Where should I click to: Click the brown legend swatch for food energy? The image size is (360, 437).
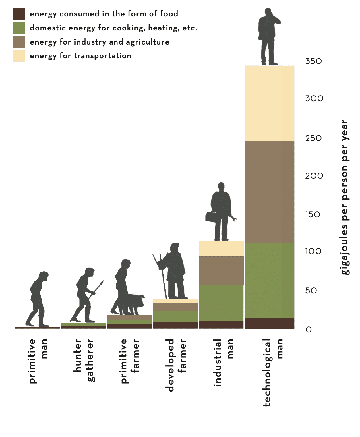click(19, 14)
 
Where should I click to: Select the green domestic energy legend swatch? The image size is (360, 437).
click(19, 28)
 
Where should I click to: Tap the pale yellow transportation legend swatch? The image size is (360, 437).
click(19, 56)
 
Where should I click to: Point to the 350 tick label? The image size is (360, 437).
click(313, 61)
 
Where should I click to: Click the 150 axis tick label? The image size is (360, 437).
click(313, 214)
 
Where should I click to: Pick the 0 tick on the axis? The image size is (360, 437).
click(309, 330)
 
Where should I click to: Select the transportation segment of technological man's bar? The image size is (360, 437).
click(269, 103)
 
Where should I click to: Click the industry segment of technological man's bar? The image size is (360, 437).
click(269, 192)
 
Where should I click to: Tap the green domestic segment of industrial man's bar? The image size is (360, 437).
click(221, 303)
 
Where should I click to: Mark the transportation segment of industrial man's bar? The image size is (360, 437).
click(221, 249)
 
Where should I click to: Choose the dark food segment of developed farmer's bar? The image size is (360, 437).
click(175, 325)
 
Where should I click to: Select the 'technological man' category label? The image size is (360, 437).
click(273, 372)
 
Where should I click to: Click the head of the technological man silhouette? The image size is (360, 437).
click(268, 12)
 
